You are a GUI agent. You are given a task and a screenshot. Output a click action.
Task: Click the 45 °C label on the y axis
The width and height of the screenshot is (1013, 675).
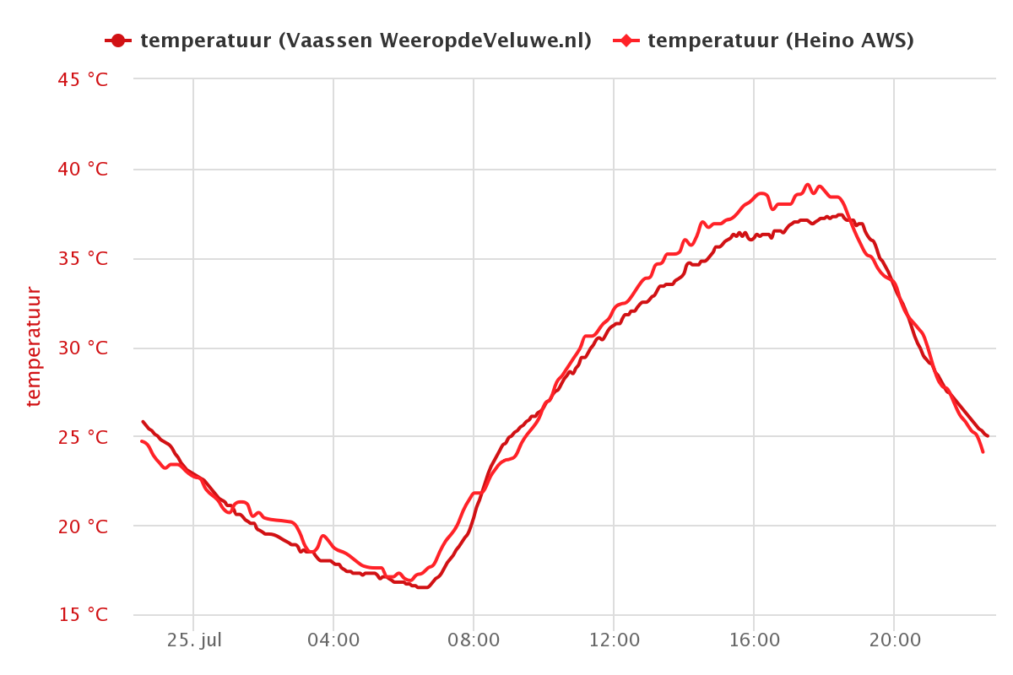click(84, 80)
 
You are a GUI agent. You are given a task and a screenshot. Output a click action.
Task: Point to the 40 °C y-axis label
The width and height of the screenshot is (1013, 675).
click(84, 170)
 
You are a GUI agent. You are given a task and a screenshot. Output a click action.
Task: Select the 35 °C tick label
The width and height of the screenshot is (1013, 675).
click(84, 259)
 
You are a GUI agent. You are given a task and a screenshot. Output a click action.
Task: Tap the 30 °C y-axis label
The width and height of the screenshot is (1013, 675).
click(84, 348)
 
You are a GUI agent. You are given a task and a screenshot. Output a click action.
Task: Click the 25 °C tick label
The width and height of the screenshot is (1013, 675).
click(84, 438)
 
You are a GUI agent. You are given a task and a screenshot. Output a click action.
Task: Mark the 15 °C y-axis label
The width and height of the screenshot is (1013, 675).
click(84, 615)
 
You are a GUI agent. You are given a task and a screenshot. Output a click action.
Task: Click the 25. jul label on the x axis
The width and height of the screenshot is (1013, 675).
click(193, 640)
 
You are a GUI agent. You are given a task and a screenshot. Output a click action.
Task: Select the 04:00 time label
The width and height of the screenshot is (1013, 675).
click(333, 640)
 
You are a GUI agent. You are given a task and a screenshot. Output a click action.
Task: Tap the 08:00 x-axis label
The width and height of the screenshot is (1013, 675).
click(474, 640)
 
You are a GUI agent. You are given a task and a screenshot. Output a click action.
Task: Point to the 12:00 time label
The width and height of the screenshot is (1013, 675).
click(614, 640)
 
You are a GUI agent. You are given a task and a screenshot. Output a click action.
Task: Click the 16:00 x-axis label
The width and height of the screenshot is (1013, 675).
click(754, 640)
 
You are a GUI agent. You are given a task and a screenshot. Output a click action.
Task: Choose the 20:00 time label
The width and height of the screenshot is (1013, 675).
click(894, 640)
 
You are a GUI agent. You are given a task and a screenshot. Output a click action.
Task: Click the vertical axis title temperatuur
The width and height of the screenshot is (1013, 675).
click(34, 347)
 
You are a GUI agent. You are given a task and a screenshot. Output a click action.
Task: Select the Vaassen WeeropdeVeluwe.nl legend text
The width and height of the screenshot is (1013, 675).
click(366, 40)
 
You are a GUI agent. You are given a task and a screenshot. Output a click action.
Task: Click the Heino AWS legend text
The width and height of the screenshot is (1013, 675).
click(780, 40)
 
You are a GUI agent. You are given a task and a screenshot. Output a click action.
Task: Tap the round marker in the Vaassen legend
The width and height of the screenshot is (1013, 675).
click(117, 40)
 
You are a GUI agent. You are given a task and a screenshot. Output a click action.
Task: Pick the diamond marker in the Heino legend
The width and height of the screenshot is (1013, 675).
click(626, 40)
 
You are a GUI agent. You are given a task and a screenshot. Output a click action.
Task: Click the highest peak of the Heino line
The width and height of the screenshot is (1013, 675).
click(807, 184)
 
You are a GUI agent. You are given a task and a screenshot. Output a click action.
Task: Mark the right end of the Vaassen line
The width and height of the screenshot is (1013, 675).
click(987, 435)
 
